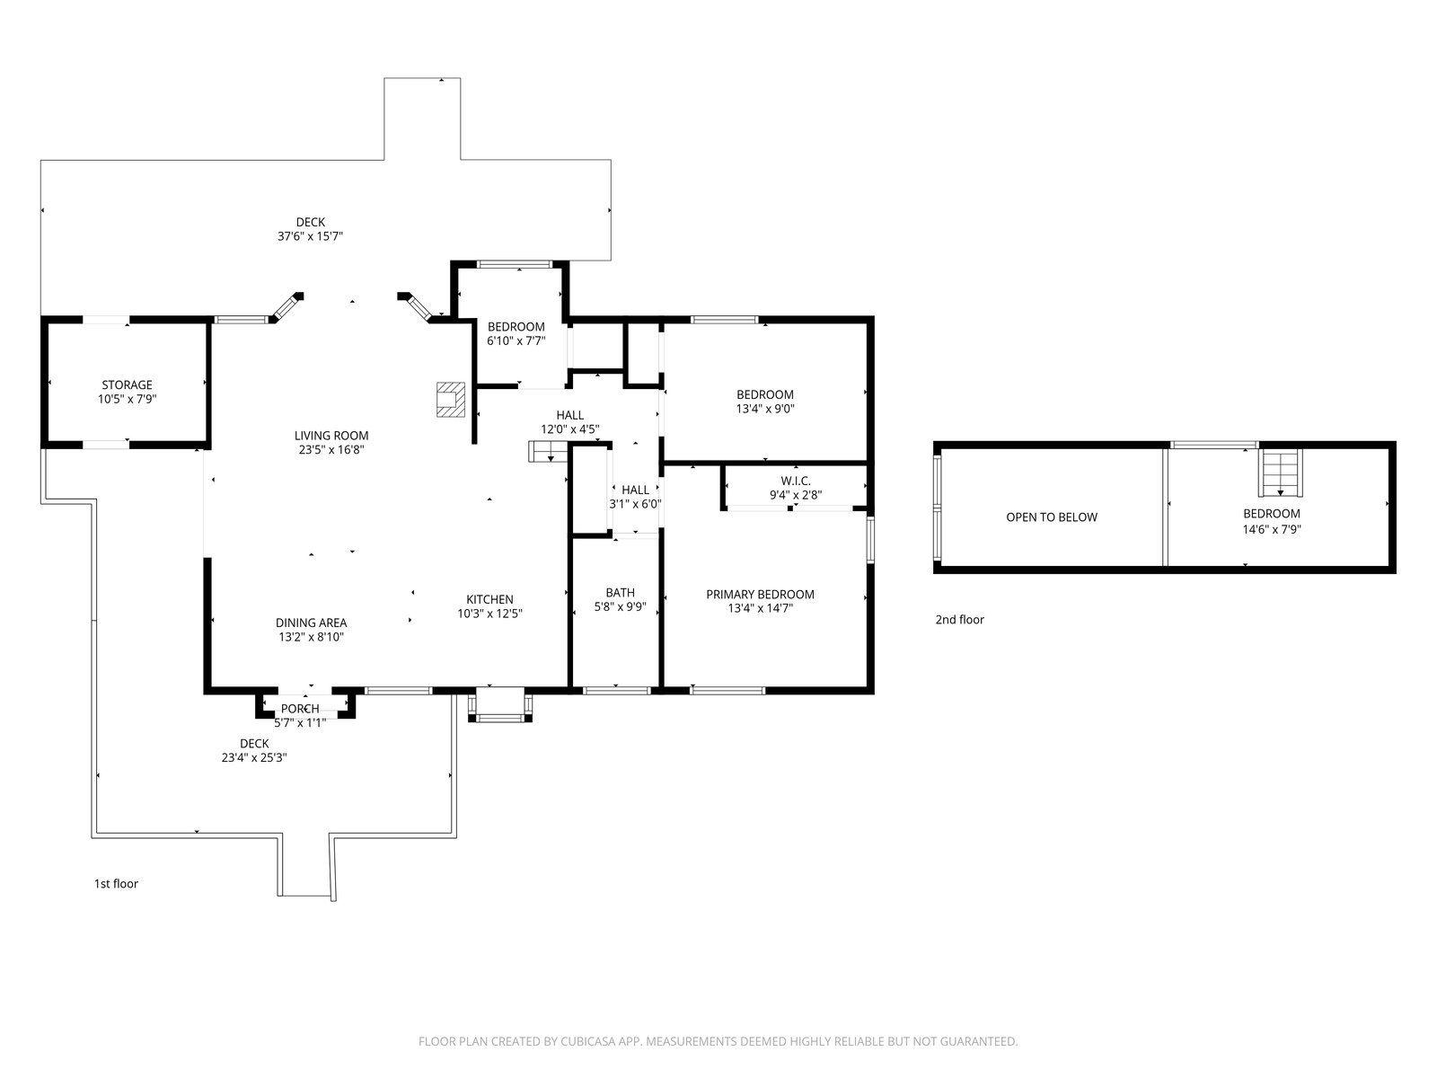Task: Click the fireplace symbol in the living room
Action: coord(451,399)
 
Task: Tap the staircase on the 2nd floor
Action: coord(1280,473)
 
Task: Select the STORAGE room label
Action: coord(127,384)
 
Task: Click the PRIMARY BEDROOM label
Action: coord(760,595)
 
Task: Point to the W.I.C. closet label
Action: coord(796,482)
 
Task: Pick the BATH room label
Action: coord(620,592)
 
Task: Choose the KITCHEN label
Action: coord(489,599)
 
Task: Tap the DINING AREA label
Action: coord(311,623)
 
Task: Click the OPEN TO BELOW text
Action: coord(1052,517)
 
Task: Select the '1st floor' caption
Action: coord(116,884)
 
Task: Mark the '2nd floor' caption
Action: coord(959,619)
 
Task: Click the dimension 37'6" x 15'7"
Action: coord(311,236)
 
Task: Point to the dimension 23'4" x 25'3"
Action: coord(254,758)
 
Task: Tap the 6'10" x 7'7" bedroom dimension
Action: coord(516,340)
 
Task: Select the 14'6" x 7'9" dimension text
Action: coord(1272,529)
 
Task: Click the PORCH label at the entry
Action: coord(300,708)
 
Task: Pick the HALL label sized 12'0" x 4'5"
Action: coord(569,415)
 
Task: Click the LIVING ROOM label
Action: coord(331,436)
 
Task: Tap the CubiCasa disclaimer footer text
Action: coord(718,1041)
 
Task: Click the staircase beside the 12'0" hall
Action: coord(549,452)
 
